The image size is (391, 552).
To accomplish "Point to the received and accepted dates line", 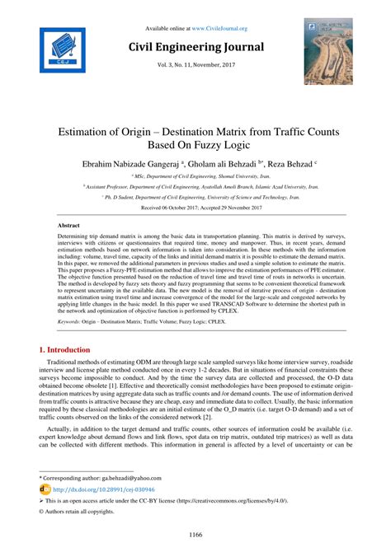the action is pos(195,208).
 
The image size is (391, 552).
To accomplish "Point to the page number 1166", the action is pos(195,536).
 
